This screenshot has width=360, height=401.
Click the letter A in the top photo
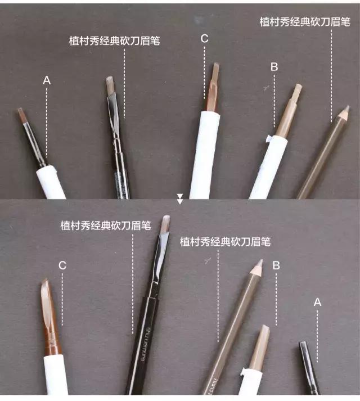tap(47, 81)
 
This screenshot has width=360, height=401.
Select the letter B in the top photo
tap(274, 66)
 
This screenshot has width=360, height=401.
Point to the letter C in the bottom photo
tap(62, 265)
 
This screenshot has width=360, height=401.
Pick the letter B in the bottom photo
tap(276, 264)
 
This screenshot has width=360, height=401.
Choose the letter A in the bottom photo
tap(317, 302)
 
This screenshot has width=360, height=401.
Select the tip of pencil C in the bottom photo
tap(45, 283)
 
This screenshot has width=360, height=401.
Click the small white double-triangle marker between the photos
tap(180, 199)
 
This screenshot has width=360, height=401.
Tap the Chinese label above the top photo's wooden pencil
tap(305, 22)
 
